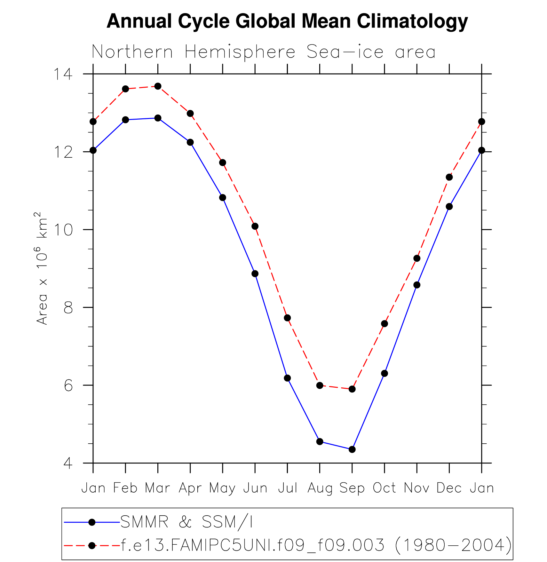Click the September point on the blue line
coord(352,449)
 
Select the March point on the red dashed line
coord(158,86)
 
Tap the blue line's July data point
coord(287,378)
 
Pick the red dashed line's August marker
coord(320,385)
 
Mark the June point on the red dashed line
coord(255,226)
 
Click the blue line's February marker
coord(125,120)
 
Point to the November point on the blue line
coord(417,285)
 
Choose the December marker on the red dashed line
coord(449,177)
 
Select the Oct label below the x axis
coord(384,488)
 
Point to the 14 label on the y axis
coord(63,74)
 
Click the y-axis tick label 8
coord(68,307)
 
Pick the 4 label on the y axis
coord(68,463)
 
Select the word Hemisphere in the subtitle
coord(240,52)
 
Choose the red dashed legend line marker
coord(92,545)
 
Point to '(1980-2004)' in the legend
coord(454,545)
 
